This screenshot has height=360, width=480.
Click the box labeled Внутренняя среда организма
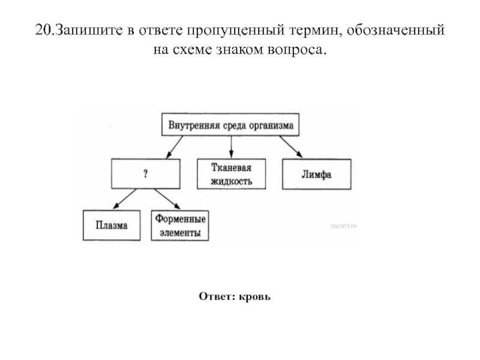pyautogui.click(x=230, y=125)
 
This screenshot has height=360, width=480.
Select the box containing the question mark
pyautogui.click(x=145, y=174)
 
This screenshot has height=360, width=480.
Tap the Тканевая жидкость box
pyautogui.click(x=231, y=174)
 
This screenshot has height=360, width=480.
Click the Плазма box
pyautogui.click(x=111, y=225)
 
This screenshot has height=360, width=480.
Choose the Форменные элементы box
pyautogui.click(x=180, y=225)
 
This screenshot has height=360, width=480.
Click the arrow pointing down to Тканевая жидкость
pyautogui.click(x=231, y=148)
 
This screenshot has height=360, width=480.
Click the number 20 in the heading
pyautogui.click(x=41, y=30)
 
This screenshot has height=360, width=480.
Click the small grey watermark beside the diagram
pyautogui.click(x=343, y=226)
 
